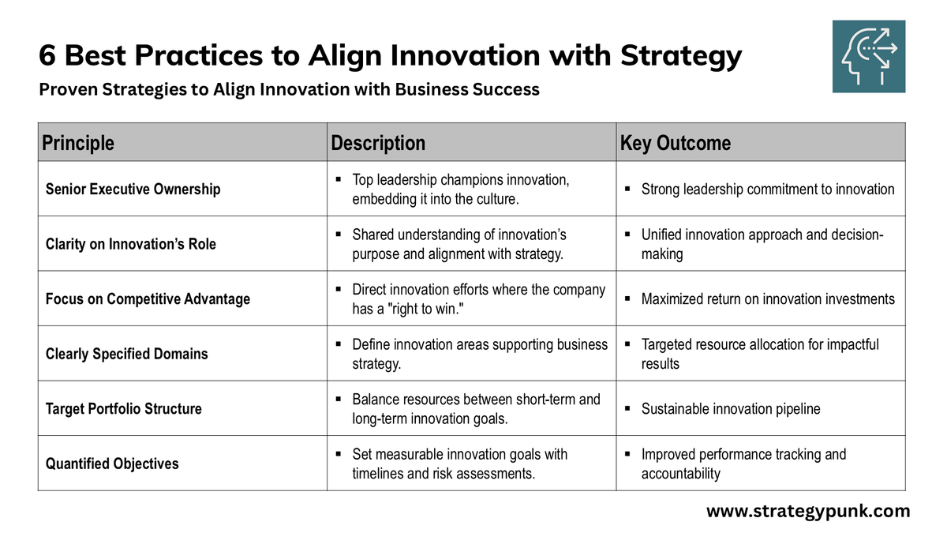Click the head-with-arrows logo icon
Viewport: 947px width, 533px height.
point(869,57)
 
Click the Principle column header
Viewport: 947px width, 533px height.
point(77,143)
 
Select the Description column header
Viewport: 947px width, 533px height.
point(378,143)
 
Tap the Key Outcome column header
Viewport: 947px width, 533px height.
point(676,143)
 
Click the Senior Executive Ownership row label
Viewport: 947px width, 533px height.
point(133,190)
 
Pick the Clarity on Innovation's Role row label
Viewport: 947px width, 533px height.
point(130,244)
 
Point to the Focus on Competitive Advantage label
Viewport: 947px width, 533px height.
point(148,299)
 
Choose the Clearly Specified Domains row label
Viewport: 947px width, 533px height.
point(126,354)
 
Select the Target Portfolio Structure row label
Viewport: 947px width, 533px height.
point(123,409)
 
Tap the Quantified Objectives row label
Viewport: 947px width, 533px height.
point(112,464)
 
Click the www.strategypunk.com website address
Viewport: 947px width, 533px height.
point(808,511)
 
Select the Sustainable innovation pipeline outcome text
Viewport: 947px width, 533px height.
point(731,409)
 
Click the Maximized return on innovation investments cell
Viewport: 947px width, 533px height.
point(768,299)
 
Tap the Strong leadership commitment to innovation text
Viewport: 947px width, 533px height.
point(768,190)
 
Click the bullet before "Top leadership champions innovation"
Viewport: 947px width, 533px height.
point(337,180)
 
